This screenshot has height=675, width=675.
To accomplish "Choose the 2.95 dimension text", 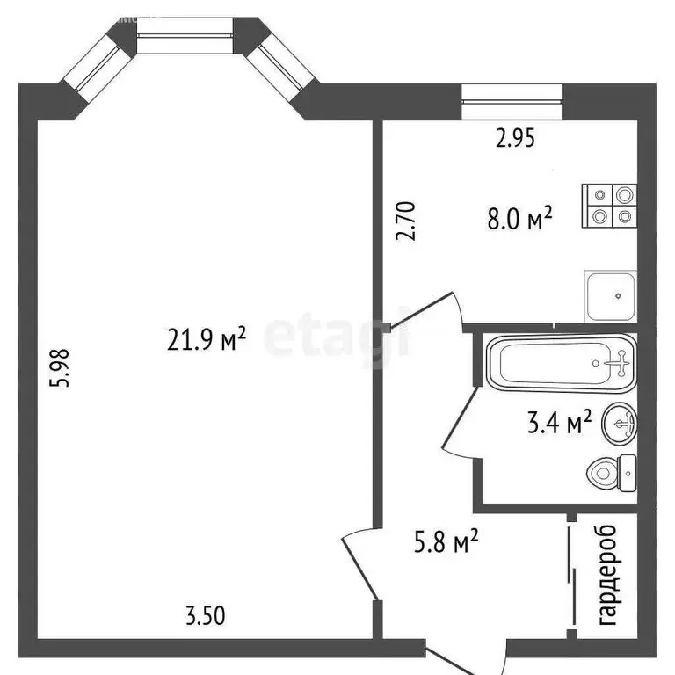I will click(513, 137).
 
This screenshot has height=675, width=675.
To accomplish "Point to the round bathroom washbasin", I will click(620, 425).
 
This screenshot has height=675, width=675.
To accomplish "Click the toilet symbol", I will click(612, 474).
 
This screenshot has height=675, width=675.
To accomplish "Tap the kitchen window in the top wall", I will click(512, 100).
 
